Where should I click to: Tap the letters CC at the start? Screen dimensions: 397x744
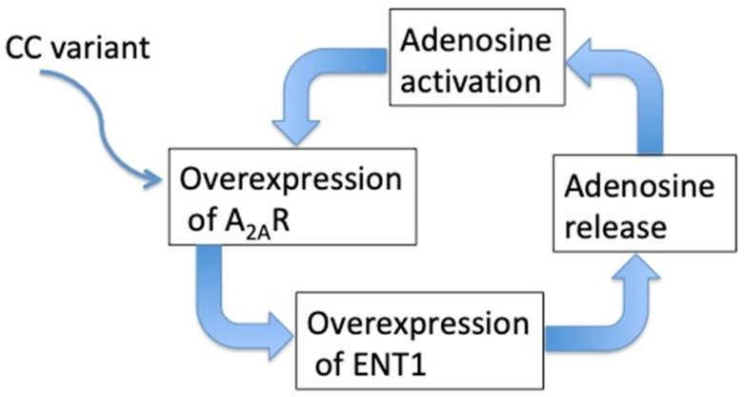pyautogui.click(x=24, y=48)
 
